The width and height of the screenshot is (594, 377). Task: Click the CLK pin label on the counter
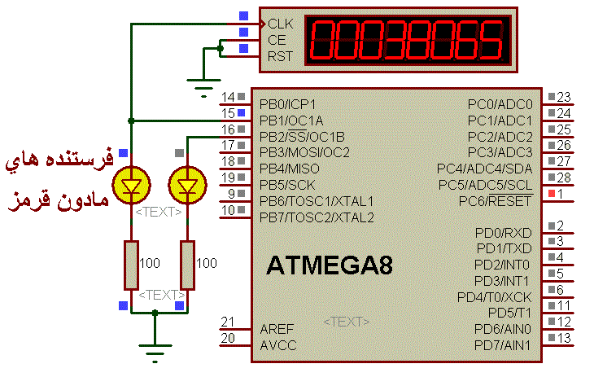coord(280,24)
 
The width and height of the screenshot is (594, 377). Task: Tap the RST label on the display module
coord(280,56)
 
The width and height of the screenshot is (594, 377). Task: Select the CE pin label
coord(277,40)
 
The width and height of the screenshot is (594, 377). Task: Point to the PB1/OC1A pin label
coord(291,121)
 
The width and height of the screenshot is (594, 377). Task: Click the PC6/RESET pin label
coord(495,200)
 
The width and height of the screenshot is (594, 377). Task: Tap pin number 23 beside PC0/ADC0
coord(564,97)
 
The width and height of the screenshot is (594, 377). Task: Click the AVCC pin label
coord(277,345)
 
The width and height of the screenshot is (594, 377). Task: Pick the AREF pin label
coord(277,329)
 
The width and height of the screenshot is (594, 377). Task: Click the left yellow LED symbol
coord(130,186)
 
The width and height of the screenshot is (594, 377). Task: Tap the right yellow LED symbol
coord(188,186)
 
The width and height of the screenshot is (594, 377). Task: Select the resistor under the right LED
coord(188,264)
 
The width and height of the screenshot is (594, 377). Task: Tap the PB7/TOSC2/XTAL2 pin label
coord(317,217)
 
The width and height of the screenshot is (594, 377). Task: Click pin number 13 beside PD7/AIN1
coord(564,338)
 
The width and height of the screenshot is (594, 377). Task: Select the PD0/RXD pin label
coord(503,233)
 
